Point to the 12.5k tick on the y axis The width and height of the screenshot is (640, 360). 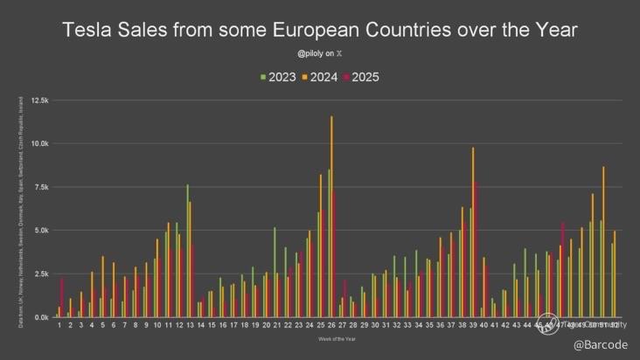(40, 100)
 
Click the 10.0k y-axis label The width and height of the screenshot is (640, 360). (40, 143)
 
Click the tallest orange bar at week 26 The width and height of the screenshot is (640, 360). (331, 218)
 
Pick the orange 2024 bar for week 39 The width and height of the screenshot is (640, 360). (473, 232)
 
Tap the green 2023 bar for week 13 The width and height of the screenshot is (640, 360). (186, 253)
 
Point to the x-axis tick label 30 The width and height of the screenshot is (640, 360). (374, 324)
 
